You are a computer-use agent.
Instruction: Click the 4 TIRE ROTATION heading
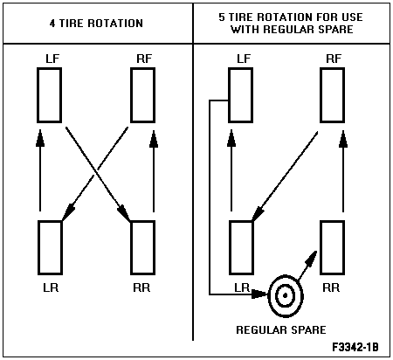[96, 24]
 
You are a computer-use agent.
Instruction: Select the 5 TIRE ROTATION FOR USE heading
[291, 17]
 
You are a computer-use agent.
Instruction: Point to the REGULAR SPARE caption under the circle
[281, 330]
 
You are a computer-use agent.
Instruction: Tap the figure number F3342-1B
[355, 347]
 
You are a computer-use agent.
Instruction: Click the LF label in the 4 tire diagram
[52, 59]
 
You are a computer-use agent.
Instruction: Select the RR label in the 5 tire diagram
[331, 287]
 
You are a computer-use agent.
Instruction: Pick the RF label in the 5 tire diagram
[334, 59]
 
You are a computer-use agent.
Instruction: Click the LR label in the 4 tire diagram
[51, 287]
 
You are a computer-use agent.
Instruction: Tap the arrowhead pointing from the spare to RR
[311, 259]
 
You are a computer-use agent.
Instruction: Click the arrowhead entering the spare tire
[259, 294]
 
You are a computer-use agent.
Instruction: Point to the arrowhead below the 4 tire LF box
[40, 137]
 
